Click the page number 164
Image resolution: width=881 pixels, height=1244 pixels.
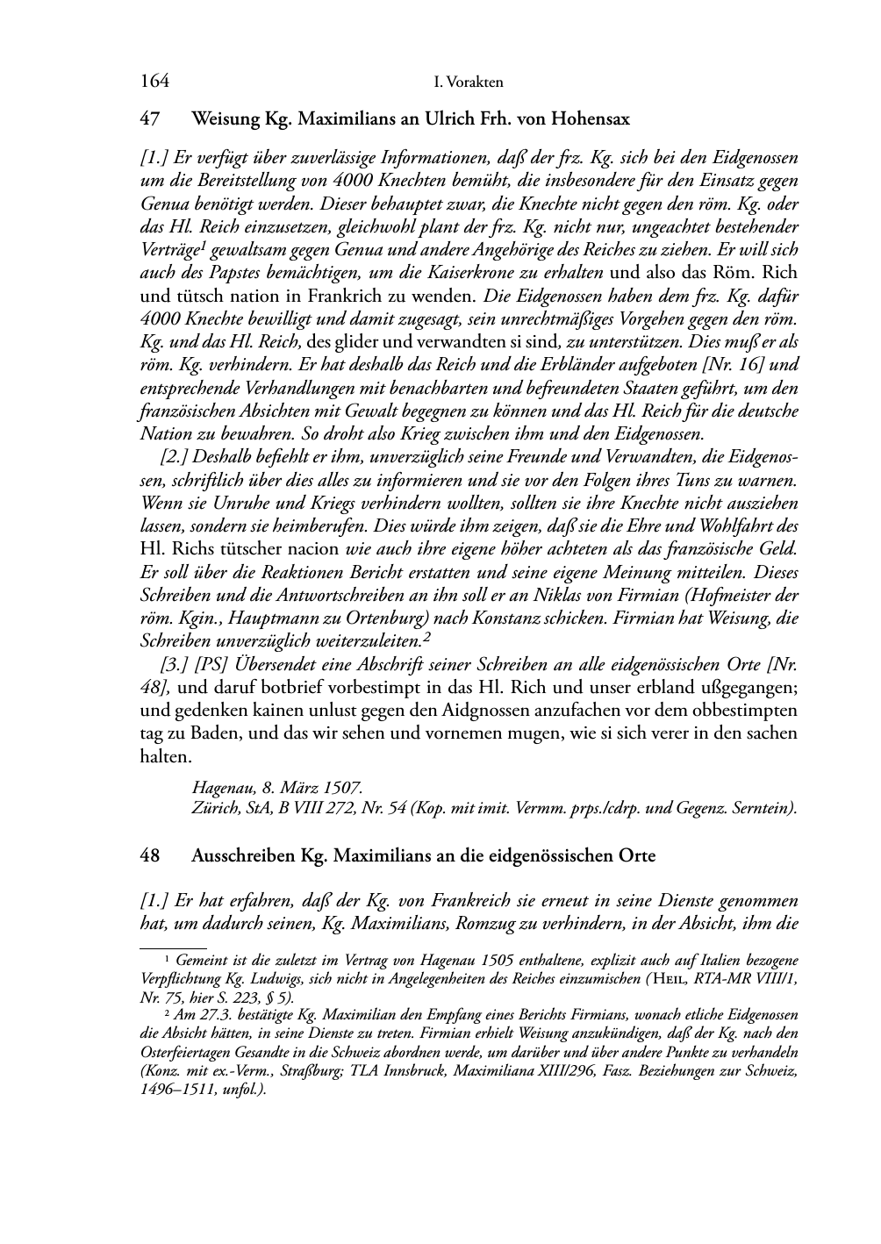coord(154,82)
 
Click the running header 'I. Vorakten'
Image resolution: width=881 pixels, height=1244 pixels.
coord(469,82)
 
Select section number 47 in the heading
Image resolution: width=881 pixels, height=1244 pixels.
coord(148,118)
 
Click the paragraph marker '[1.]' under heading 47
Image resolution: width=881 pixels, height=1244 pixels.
coord(155,159)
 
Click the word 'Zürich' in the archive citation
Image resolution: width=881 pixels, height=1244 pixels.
coord(211,808)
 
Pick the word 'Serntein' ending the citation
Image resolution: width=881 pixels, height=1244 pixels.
coord(764,808)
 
